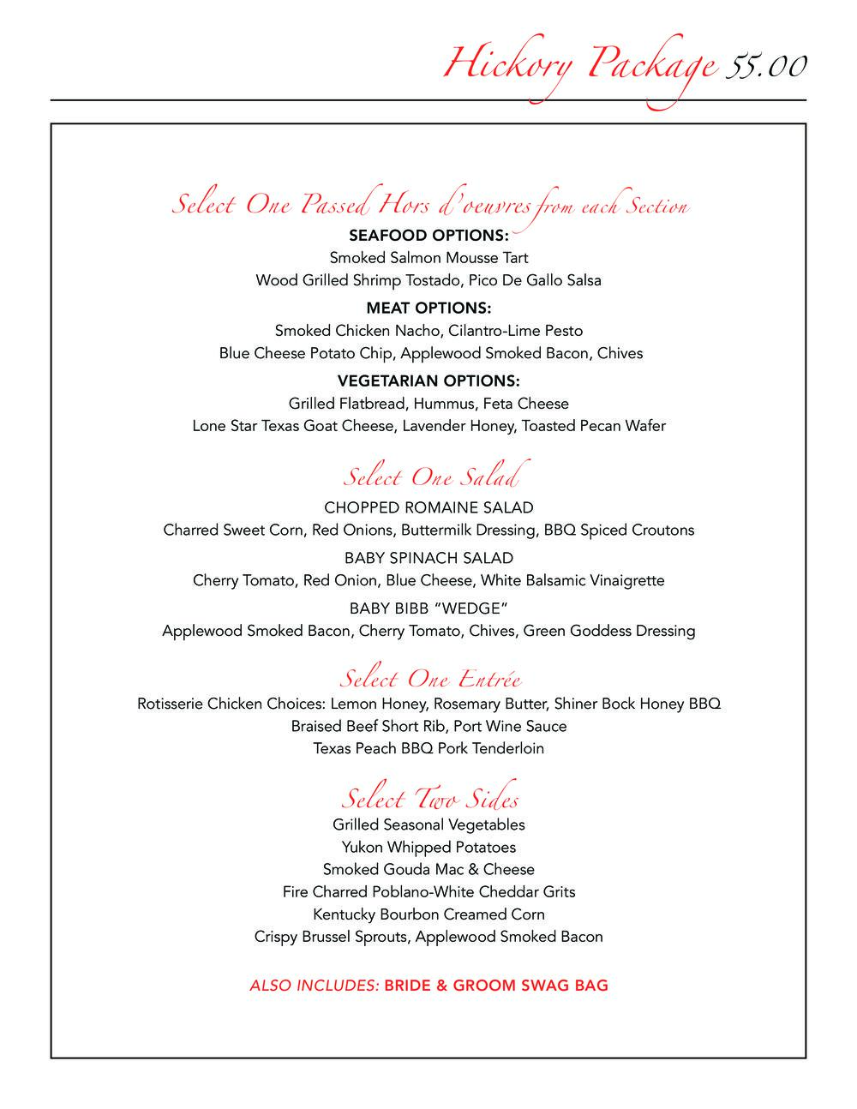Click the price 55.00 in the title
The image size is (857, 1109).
point(765,66)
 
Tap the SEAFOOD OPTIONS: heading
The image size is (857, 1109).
point(428,235)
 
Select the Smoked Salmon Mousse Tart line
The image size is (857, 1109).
point(428,257)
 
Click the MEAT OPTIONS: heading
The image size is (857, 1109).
point(428,308)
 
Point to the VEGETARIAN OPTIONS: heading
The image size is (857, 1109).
point(428,381)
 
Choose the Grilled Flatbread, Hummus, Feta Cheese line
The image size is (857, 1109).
point(428,403)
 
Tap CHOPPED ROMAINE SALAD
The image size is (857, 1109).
point(428,507)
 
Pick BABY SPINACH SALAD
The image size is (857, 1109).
point(428,558)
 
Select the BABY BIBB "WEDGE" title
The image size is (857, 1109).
point(428,608)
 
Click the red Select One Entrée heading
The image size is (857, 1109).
point(430,680)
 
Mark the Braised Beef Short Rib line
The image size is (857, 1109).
point(428,726)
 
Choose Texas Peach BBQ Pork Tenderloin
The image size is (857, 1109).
point(428,748)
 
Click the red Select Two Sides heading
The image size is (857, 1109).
point(430,799)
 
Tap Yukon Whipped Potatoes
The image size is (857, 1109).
point(428,847)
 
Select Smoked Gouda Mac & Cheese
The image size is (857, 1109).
point(428,869)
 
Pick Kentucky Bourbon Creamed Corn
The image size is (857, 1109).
point(428,914)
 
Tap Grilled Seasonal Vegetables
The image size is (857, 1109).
point(428,824)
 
